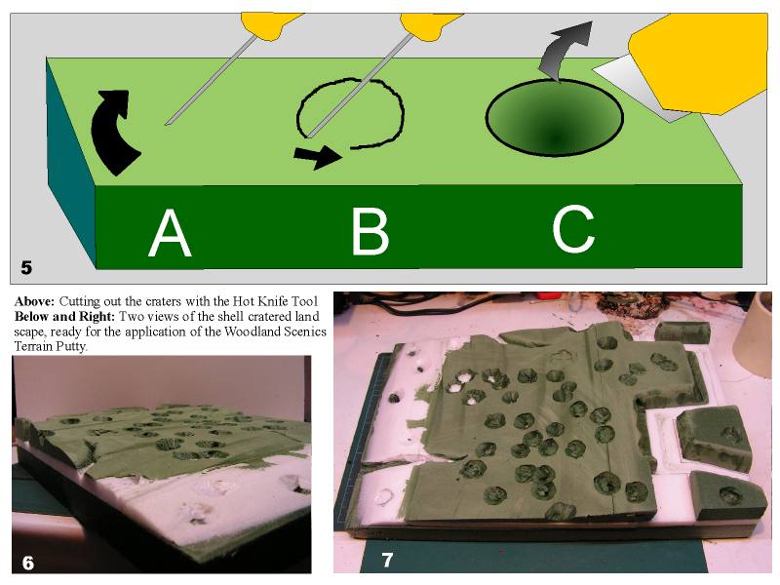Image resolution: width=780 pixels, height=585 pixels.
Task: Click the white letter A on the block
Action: (170, 232)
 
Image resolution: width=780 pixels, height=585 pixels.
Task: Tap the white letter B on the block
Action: (370, 231)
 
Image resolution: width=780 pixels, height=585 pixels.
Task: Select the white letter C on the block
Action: (573, 230)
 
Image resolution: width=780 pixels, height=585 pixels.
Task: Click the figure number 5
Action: (26, 267)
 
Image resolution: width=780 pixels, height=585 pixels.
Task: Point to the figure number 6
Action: (28, 563)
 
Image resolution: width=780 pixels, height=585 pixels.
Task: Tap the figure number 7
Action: (387, 560)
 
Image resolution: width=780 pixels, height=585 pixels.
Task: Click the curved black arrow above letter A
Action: (112, 131)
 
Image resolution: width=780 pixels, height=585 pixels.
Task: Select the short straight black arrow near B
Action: (318, 156)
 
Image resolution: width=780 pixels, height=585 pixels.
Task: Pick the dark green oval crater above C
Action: (554, 118)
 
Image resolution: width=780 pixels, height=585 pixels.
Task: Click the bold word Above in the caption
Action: (34, 301)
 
